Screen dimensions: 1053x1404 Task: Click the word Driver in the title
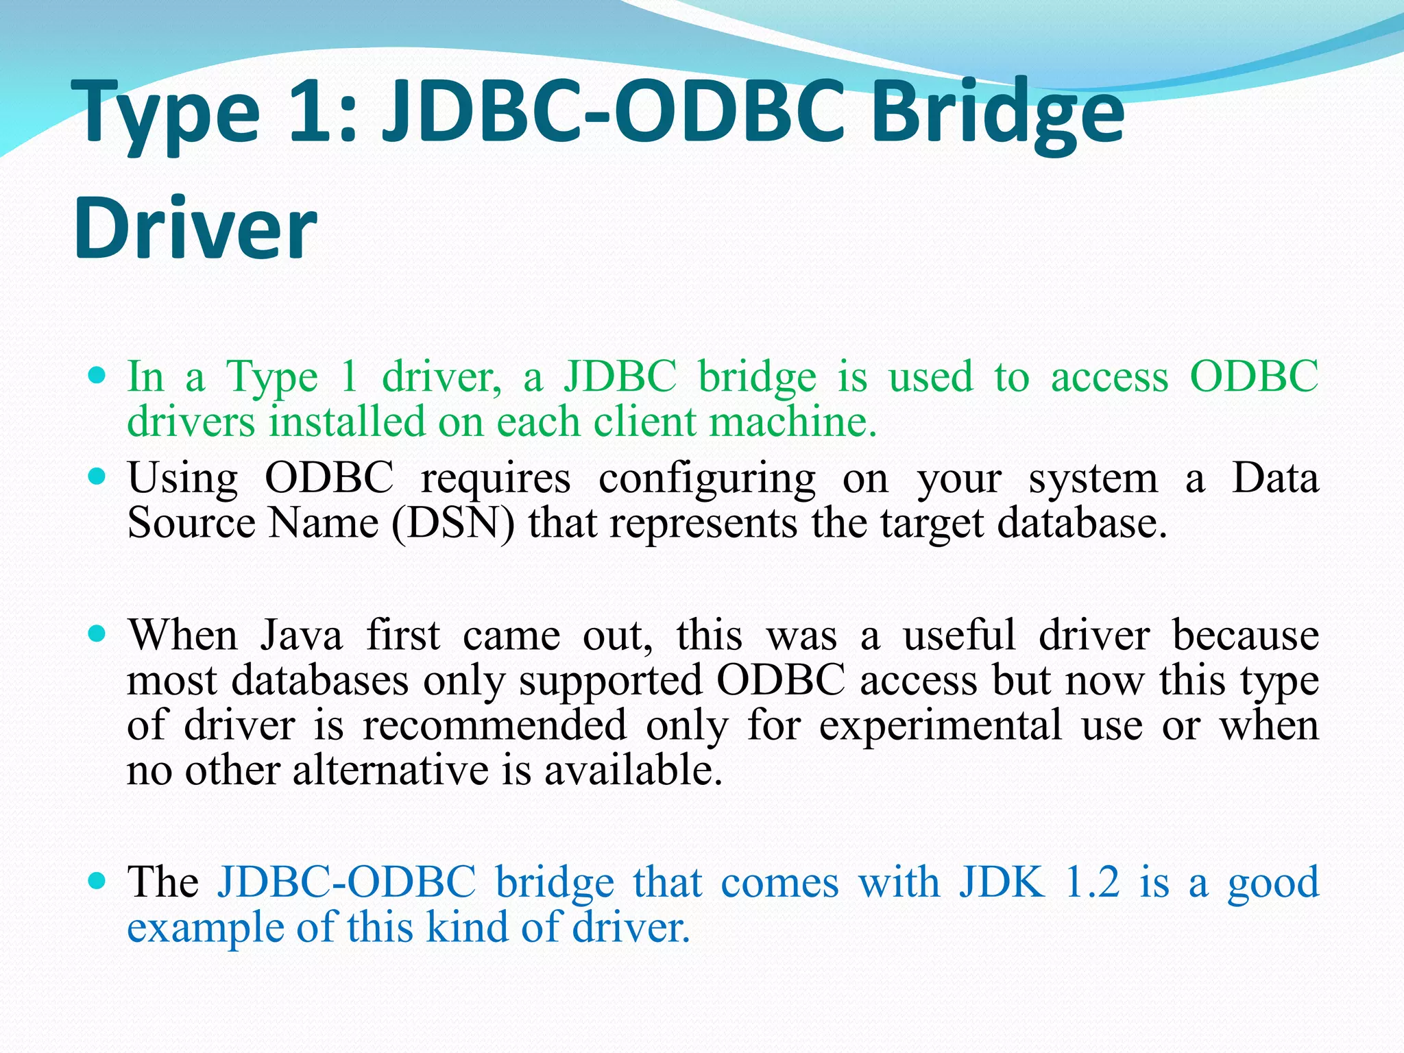point(195,228)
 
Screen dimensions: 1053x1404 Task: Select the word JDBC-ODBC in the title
point(614,110)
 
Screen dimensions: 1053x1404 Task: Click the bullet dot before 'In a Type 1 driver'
point(98,376)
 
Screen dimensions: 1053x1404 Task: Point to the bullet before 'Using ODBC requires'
point(98,476)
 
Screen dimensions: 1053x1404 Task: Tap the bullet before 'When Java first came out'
point(98,633)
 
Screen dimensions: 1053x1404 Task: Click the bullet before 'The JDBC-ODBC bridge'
point(98,880)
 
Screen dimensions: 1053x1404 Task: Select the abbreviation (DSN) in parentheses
point(452,523)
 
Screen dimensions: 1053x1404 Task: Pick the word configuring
point(707,478)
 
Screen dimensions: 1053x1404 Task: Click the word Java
point(301,635)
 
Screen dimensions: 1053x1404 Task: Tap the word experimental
point(941,725)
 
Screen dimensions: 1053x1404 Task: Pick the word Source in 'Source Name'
point(191,523)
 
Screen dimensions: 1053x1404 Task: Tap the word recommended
point(494,725)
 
